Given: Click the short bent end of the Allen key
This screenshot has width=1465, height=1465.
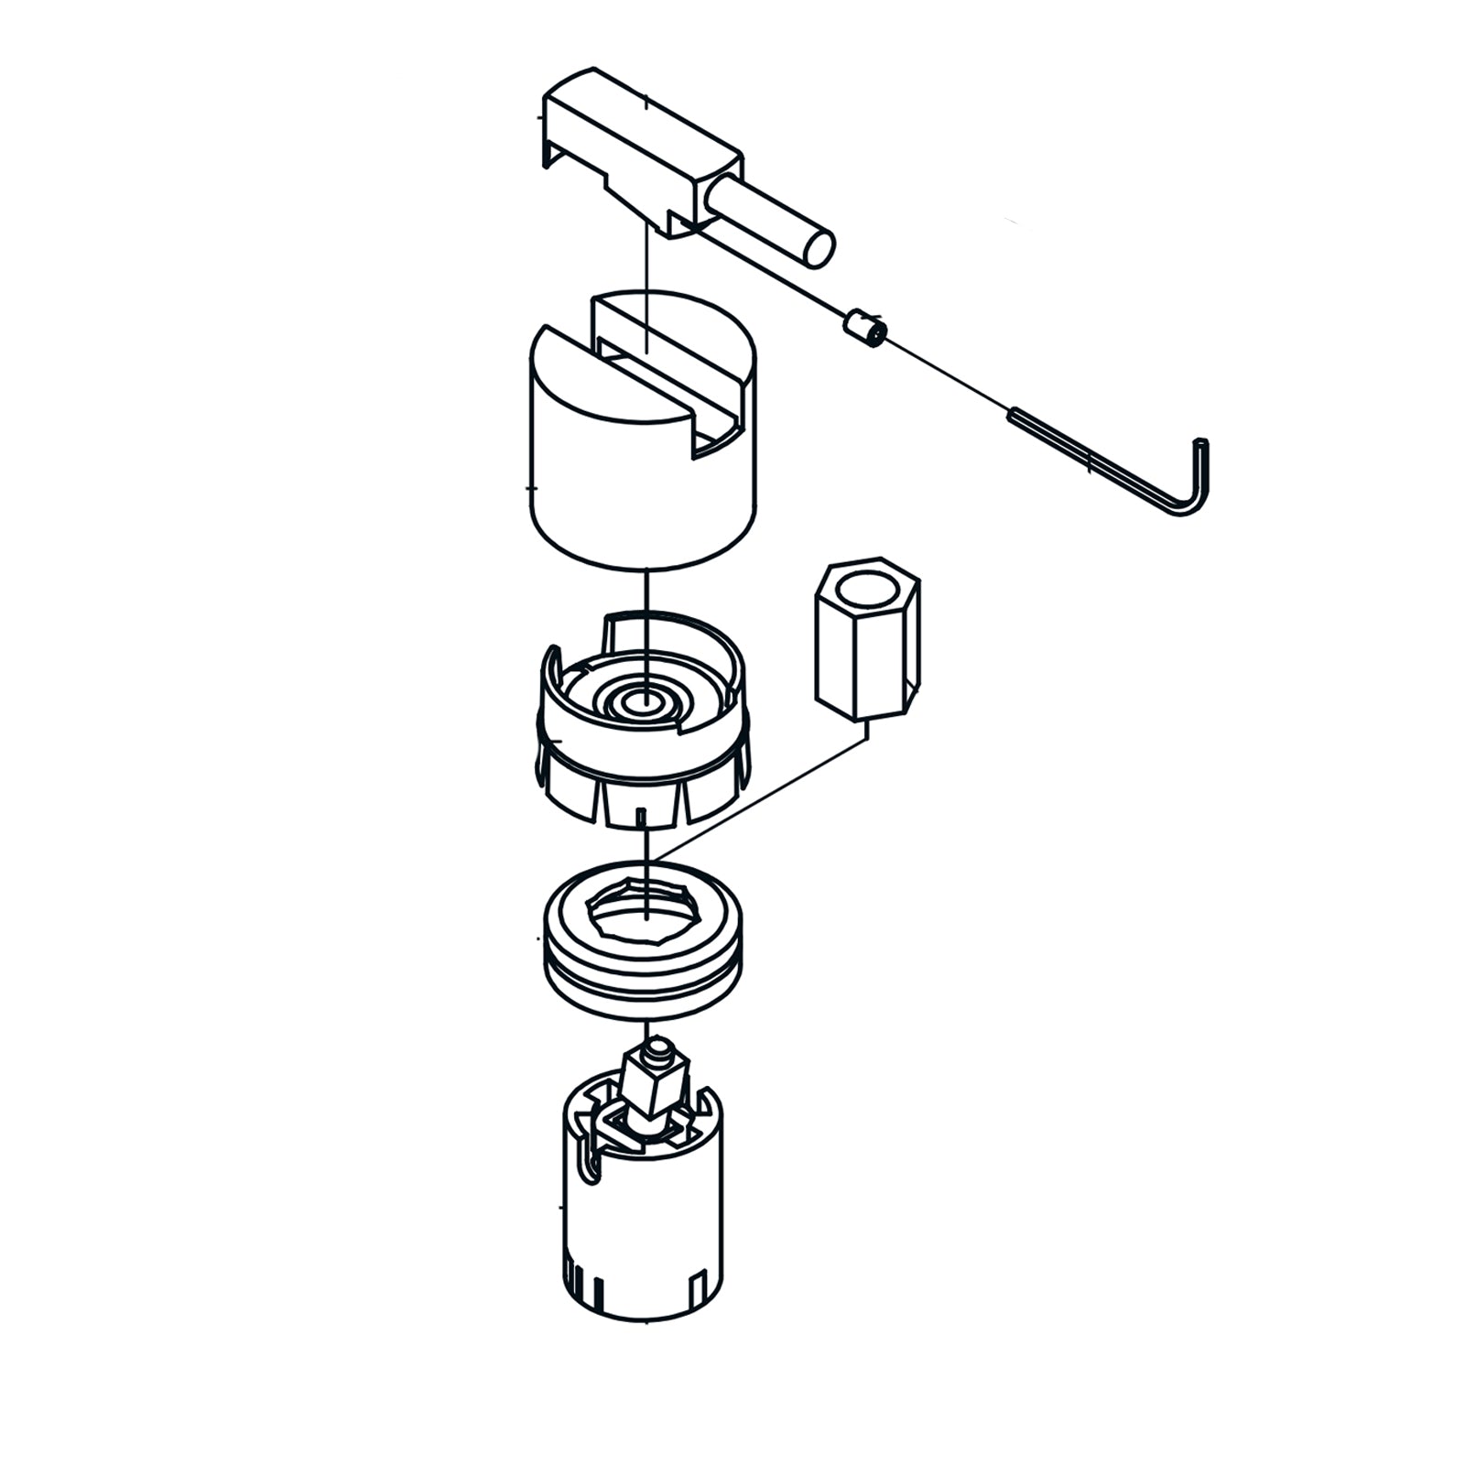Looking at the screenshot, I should point(1200,476).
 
